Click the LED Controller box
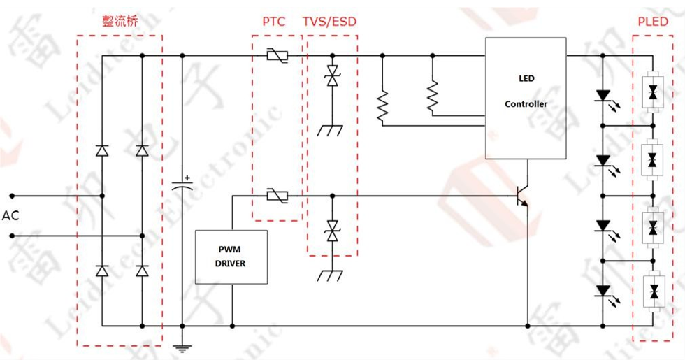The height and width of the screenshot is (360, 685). click(526, 98)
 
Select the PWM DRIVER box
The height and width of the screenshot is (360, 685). click(231, 257)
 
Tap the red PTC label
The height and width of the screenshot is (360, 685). click(273, 22)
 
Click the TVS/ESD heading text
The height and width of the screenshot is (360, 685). click(330, 22)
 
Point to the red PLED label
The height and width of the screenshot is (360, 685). click(653, 22)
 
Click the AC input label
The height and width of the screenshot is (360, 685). click(10, 215)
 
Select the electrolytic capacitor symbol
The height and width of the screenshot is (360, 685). click(182, 183)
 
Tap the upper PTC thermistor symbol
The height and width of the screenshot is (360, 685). click(277, 56)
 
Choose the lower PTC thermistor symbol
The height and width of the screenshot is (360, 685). click(277, 196)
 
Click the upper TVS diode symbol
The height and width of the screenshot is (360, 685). click(333, 75)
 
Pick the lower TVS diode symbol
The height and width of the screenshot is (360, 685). click(333, 231)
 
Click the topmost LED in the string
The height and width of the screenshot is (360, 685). click(605, 97)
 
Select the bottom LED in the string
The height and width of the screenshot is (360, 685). click(605, 292)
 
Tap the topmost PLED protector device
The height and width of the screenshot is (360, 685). click(653, 92)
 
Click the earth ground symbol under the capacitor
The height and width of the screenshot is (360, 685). click(182, 348)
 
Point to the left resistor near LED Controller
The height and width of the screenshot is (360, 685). click(382, 106)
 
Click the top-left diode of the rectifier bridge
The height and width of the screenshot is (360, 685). click(102, 151)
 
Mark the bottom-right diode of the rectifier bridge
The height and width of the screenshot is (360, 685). click(142, 271)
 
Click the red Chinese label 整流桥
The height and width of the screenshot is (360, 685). click(120, 21)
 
